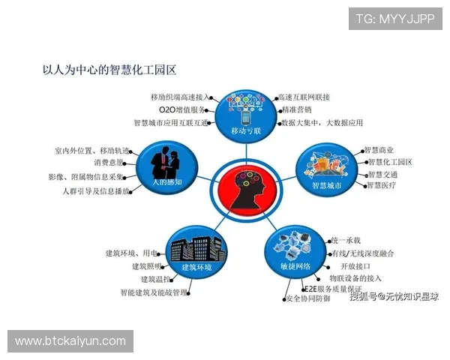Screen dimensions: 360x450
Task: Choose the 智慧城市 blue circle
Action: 326,169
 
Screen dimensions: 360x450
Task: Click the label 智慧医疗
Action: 379,184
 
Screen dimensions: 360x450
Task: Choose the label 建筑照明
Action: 146,265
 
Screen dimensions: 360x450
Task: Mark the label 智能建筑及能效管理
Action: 153,292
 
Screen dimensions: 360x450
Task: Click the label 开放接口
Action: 356,266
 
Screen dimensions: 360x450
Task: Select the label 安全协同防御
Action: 307,299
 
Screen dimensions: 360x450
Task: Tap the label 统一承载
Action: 346,240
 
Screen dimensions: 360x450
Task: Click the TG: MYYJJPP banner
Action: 394,19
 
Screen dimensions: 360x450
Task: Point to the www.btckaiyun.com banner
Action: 71,341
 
